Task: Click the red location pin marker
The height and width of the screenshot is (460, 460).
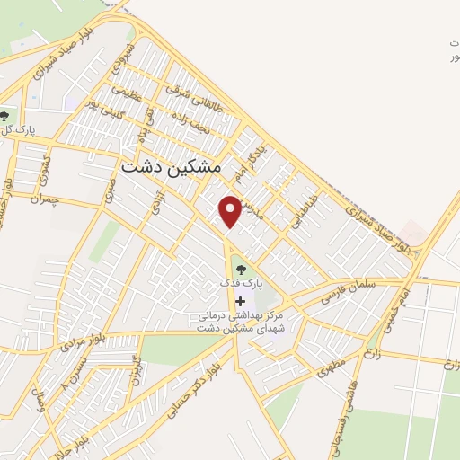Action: (231, 210)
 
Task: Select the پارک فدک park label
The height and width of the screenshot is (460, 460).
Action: (244, 283)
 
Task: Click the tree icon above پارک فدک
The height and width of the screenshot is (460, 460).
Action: (239, 267)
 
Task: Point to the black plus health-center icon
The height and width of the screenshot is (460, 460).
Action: (239, 302)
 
